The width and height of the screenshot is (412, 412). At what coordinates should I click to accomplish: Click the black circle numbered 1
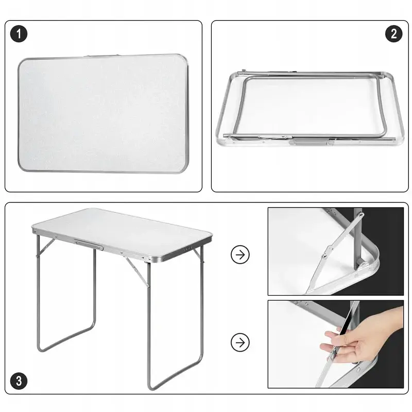[x=19, y=34]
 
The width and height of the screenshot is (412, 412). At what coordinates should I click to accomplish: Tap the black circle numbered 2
[x=393, y=34]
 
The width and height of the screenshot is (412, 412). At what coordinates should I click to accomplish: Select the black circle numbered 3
[x=19, y=381]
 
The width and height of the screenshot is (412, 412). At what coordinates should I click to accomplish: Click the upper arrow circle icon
[x=240, y=254]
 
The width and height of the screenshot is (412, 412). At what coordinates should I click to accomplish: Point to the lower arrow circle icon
[x=240, y=342]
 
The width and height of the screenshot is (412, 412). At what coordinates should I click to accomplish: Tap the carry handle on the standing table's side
[x=89, y=245]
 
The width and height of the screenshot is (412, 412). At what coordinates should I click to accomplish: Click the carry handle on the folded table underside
[x=312, y=143]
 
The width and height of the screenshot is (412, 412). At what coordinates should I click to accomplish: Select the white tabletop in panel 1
[x=103, y=113]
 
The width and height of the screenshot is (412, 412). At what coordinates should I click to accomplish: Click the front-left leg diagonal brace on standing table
[x=46, y=247]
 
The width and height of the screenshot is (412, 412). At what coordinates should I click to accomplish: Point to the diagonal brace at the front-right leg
[x=137, y=272]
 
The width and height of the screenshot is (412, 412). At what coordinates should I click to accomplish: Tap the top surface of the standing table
[x=122, y=232]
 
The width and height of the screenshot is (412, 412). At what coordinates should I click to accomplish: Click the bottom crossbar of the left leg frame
[x=66, y=338]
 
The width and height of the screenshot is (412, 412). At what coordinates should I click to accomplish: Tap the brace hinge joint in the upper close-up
[x=327, y=252]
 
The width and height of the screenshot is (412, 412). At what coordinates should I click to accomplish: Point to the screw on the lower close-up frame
[x=358, y=370]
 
